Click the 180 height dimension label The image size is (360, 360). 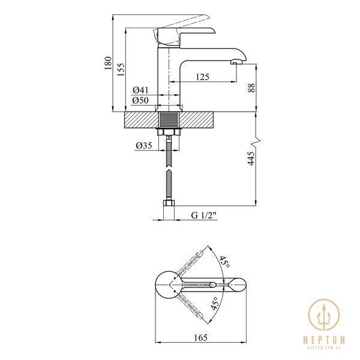click(108, 63)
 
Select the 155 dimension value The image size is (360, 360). click(121, 70)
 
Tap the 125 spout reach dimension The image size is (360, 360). click(203, 77)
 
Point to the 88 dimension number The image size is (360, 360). click(251, 88)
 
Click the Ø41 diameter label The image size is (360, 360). click(140, 90)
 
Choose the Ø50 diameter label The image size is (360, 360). click(140, 100)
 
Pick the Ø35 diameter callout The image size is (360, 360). click(144, 145)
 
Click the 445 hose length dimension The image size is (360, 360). click(251, 158)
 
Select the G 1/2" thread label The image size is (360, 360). click(204, 215)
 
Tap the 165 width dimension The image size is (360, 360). click(200, 337)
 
